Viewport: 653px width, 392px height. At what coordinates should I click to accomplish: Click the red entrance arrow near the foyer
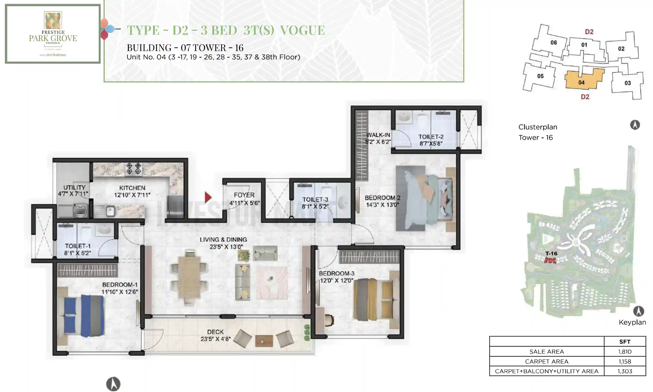point(208,197)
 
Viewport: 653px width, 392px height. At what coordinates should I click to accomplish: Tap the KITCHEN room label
point(132,188)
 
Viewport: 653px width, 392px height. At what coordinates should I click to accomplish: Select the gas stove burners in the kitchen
point(134,168)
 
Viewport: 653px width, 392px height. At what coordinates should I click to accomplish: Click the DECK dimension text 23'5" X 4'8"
point(215,339)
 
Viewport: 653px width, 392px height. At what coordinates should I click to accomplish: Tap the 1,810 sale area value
point(625,351)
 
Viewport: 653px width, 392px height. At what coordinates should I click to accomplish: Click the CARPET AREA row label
point(547,362)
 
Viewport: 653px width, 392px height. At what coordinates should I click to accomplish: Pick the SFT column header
point(625,342)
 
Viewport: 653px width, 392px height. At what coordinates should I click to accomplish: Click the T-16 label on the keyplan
point(551,253)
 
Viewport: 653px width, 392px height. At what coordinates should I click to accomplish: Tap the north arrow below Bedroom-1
point(113,384)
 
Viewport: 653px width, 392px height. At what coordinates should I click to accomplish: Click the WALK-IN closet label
point(378,135)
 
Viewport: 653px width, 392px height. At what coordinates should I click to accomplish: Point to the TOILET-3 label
point(315,200)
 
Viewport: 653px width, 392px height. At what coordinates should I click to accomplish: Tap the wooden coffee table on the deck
point(264,341)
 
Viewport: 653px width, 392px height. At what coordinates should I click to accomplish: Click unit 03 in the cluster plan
point(627,83)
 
